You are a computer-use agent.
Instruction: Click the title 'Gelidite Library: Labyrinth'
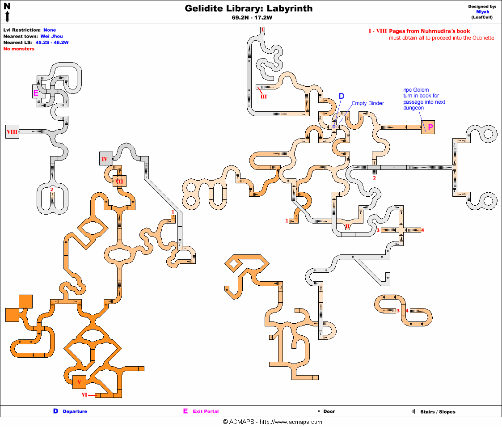(x=249, y=8)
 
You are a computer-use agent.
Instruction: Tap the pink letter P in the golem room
(x=430, y=127)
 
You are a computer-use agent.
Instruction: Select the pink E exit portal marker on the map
(x=36, y=93)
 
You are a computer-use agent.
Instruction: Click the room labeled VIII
(x=13, y=132)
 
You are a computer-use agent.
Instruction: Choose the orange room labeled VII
(x=119, y=181)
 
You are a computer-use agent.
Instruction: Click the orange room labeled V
(x=79, y=382)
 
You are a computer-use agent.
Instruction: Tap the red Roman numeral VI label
(x=84, y=395)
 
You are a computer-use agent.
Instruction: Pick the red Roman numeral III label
(x=263, y=97)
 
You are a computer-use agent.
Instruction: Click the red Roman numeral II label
(x=347, y=226)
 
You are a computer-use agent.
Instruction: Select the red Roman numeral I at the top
(x=263, y=29)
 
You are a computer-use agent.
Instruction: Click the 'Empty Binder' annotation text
(x=367, y=103)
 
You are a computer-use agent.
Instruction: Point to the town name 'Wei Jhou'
(x=51, y=36)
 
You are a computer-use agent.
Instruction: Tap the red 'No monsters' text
(x=19, y=49)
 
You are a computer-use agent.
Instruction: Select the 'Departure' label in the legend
(x=75, y=411)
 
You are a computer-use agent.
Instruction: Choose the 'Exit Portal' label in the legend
(x=206, y=411)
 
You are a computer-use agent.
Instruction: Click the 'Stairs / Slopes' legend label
(x=438, y=412)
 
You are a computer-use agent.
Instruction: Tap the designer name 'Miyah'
(x=482, y=12)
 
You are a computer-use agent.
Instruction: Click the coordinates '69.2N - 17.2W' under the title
(x=249, y=18)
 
